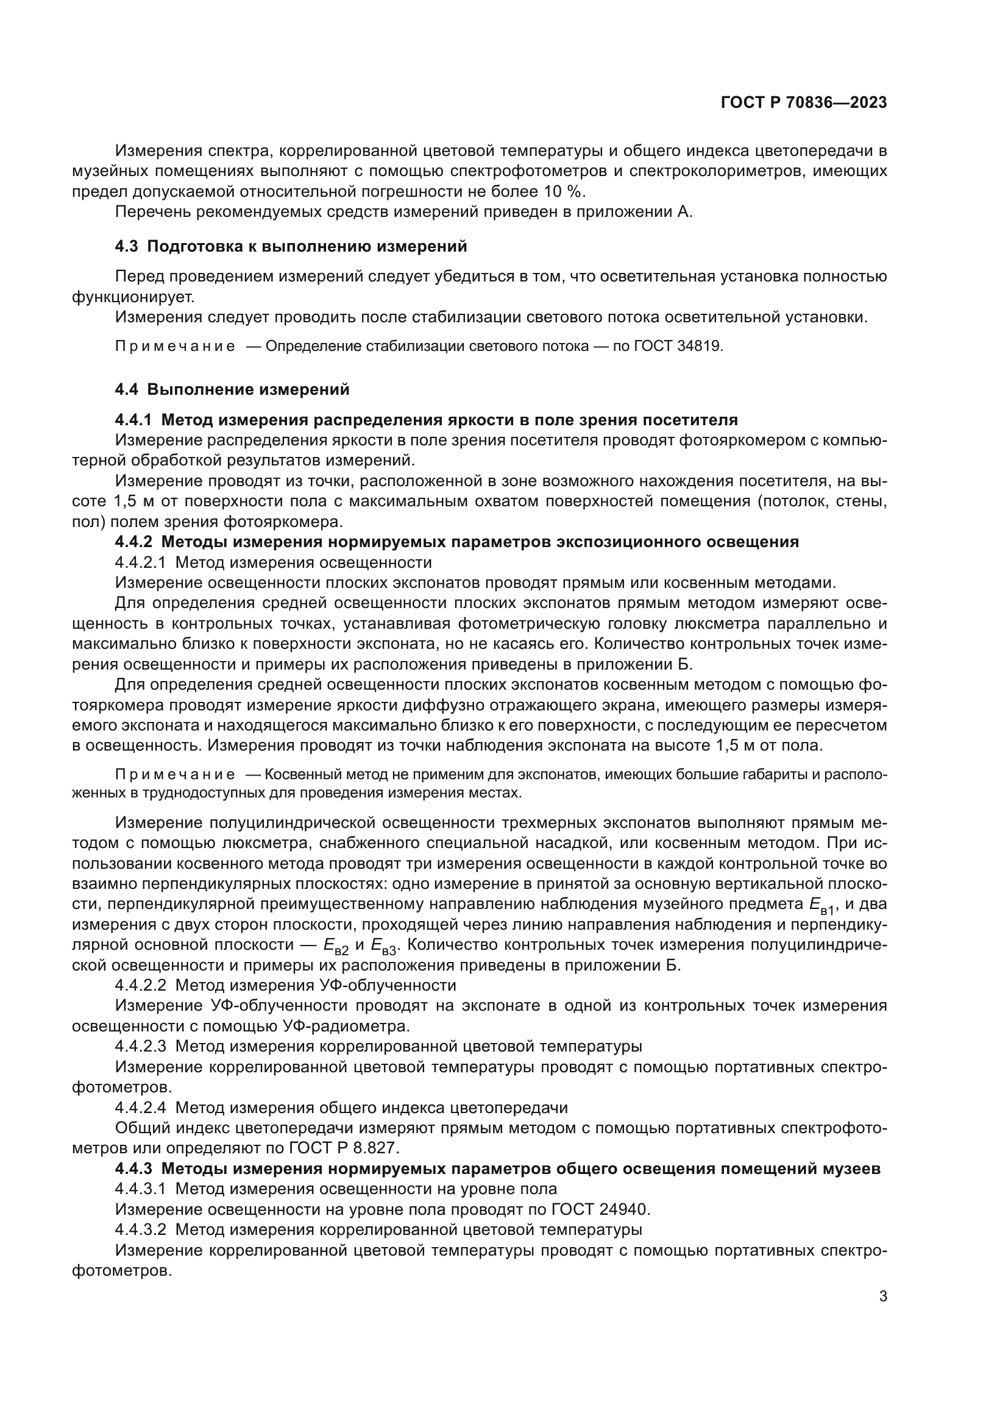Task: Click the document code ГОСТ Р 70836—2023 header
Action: tap(804, 103)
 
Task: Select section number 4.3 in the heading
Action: tap(126, 246)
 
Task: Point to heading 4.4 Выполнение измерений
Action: tap(232, 389)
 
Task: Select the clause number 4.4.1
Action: tap(133, 420)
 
